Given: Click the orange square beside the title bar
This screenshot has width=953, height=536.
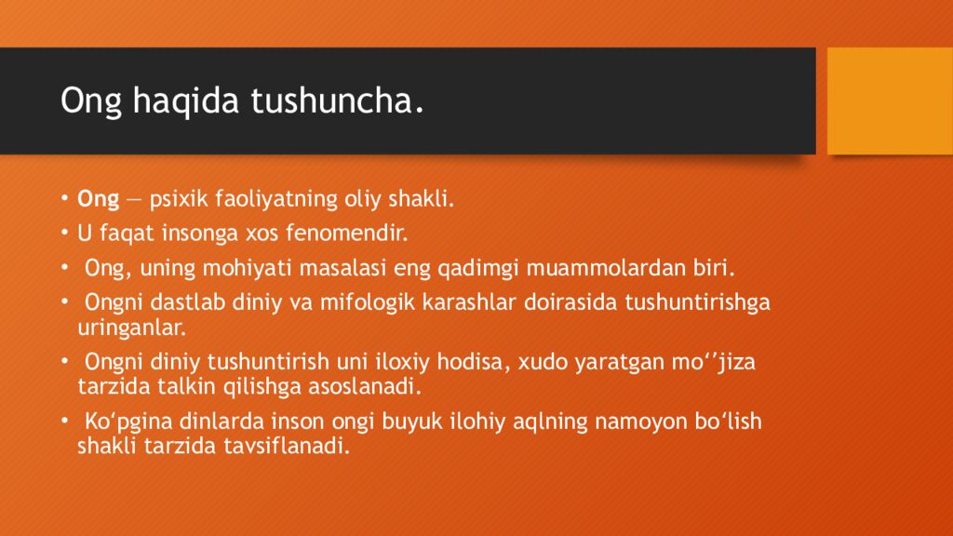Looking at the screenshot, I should [890, 100].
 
